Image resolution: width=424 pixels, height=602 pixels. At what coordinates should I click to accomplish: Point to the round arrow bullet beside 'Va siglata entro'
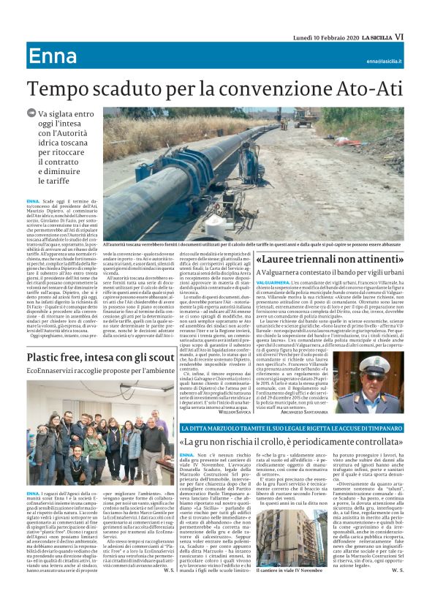(x=31, y=113)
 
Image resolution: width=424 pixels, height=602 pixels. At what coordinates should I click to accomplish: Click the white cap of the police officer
(x=378, y=359)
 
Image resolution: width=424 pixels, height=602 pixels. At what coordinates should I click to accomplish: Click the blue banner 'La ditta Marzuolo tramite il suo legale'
(x=290, y=426)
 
